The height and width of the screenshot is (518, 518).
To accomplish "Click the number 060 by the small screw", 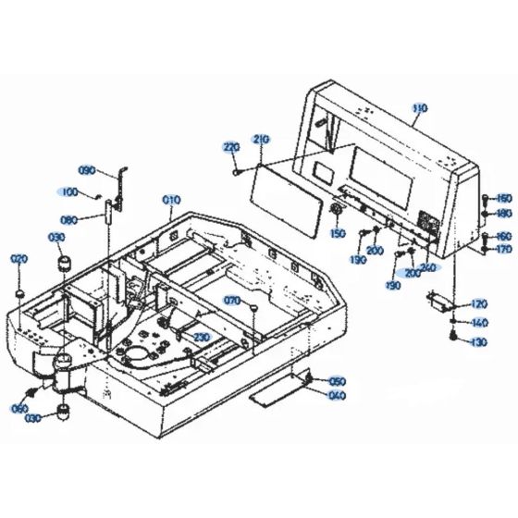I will [19, 409].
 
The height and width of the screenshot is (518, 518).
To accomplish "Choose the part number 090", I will [87, 170].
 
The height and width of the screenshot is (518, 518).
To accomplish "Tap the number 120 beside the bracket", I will [478, 303].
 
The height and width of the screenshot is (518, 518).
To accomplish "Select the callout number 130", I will [478, 342].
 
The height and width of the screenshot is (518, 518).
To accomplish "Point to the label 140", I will [478, 323].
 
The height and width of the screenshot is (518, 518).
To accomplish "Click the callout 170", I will [504, 250].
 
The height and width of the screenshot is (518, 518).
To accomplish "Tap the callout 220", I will [230, 147].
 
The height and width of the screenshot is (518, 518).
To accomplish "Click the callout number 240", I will [427, 267].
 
